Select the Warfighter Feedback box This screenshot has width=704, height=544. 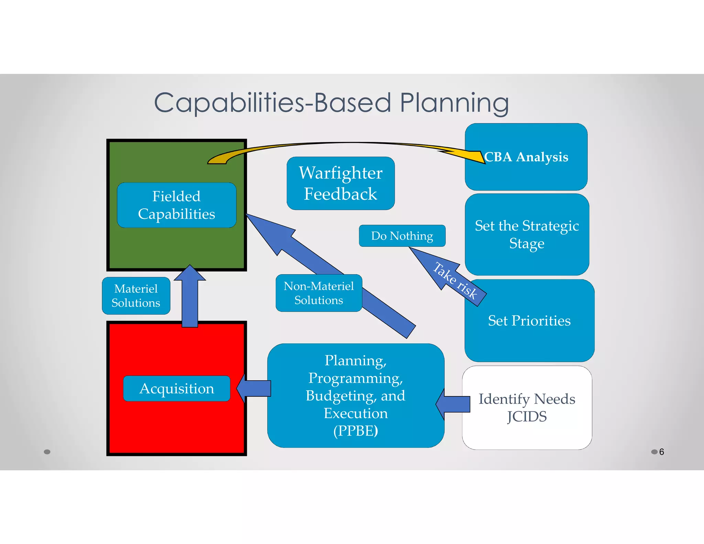point(340,183)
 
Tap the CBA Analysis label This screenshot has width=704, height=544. point(526,157)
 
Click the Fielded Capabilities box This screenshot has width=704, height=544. point(176,205)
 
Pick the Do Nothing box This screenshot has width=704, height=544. point(402,236)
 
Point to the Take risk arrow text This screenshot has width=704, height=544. point(455,281)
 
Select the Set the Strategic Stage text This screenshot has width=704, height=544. point(527,235)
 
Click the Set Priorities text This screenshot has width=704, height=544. point(529,320)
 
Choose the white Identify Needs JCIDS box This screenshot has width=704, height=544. point(527,407)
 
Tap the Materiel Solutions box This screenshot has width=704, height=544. point(136,296)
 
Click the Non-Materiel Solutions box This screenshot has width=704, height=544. point(319,293)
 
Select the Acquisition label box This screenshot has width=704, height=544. point(176,389)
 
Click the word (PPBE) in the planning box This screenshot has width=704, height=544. point(355,431)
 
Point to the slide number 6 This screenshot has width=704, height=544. point(661,452)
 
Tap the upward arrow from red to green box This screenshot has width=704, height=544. point(190,296)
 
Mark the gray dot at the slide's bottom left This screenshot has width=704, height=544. point(47,452)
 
